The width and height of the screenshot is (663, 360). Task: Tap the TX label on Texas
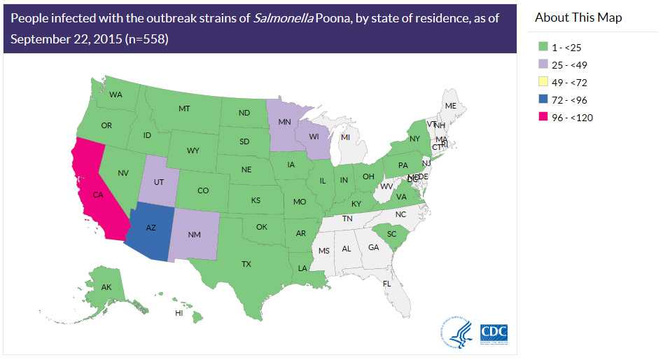click(246, 264)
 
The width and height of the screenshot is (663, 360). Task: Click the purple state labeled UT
click(159, 181)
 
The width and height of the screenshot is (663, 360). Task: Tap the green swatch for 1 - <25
click(543, 48)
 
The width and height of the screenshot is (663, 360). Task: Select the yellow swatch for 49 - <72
click(543, 83)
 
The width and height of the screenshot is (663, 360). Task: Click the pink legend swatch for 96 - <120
click(543, 118)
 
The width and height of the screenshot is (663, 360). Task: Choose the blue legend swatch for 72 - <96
click(543, 100)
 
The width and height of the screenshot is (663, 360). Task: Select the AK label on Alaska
click(106, 287)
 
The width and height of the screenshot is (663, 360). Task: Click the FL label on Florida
click(386, 284)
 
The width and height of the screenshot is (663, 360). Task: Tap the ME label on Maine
click(451, 106)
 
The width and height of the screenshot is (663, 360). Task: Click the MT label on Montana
click(184, 109)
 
